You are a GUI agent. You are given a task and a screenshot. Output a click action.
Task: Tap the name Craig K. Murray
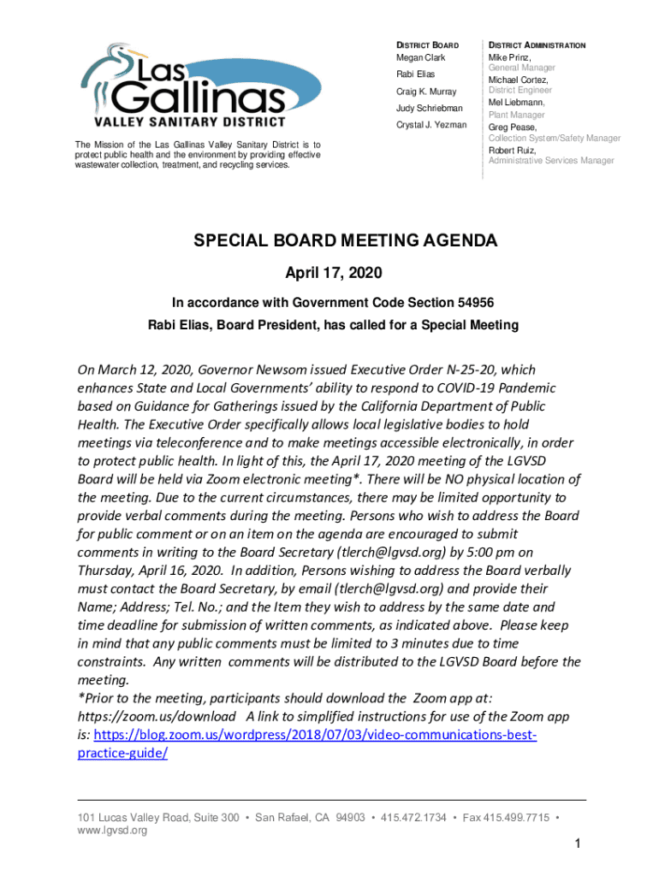[x=425, y=92]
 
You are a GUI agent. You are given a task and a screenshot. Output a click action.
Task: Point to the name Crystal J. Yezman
[x=430, y=125]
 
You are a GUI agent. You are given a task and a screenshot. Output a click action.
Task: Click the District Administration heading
[x=537, y=44]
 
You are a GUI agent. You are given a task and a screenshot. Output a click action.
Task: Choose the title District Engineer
[x=519, y=90]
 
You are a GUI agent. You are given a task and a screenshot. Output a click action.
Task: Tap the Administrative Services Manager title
[x=551, y=161]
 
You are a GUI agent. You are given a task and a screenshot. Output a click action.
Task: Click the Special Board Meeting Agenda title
[x=345, y=241]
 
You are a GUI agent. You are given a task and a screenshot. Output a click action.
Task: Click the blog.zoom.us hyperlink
[x=315, y=735]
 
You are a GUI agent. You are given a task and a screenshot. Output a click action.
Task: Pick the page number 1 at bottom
[x=579, y=845]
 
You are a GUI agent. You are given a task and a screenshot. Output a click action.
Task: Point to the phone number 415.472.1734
[x=413, y=818]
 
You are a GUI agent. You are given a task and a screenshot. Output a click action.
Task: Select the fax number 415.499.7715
[x=517, y=818]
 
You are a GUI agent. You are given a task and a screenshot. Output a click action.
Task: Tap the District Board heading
[x=426, y=44]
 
